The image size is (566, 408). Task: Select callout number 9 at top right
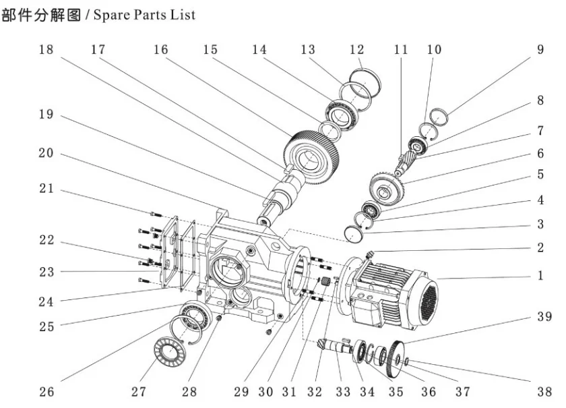pyautogui.click(x=540, y=51)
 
